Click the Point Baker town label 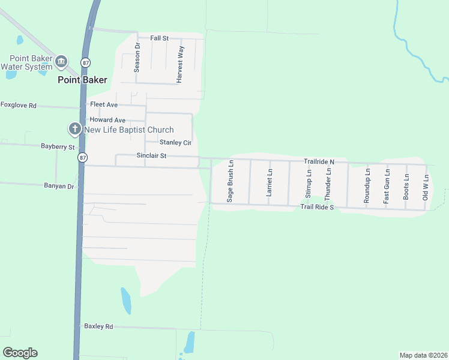coord(82,80)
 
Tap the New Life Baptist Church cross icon coord(74,129)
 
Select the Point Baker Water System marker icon coord(61,61)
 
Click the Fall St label coord(160,38)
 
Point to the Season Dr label coord(137,58)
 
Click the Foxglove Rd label coord(19,105)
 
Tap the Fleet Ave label coord(104,104)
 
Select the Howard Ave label coord(107,120)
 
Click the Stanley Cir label coord(175,143)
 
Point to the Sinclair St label coord(151,155)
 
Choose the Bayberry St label coord(58,146)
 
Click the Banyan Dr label coord(59,187)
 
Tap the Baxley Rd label coord(98,326)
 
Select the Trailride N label coord(318,162)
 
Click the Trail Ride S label coord(316,207)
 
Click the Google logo coord(20,353)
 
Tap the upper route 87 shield coord(86,62)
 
